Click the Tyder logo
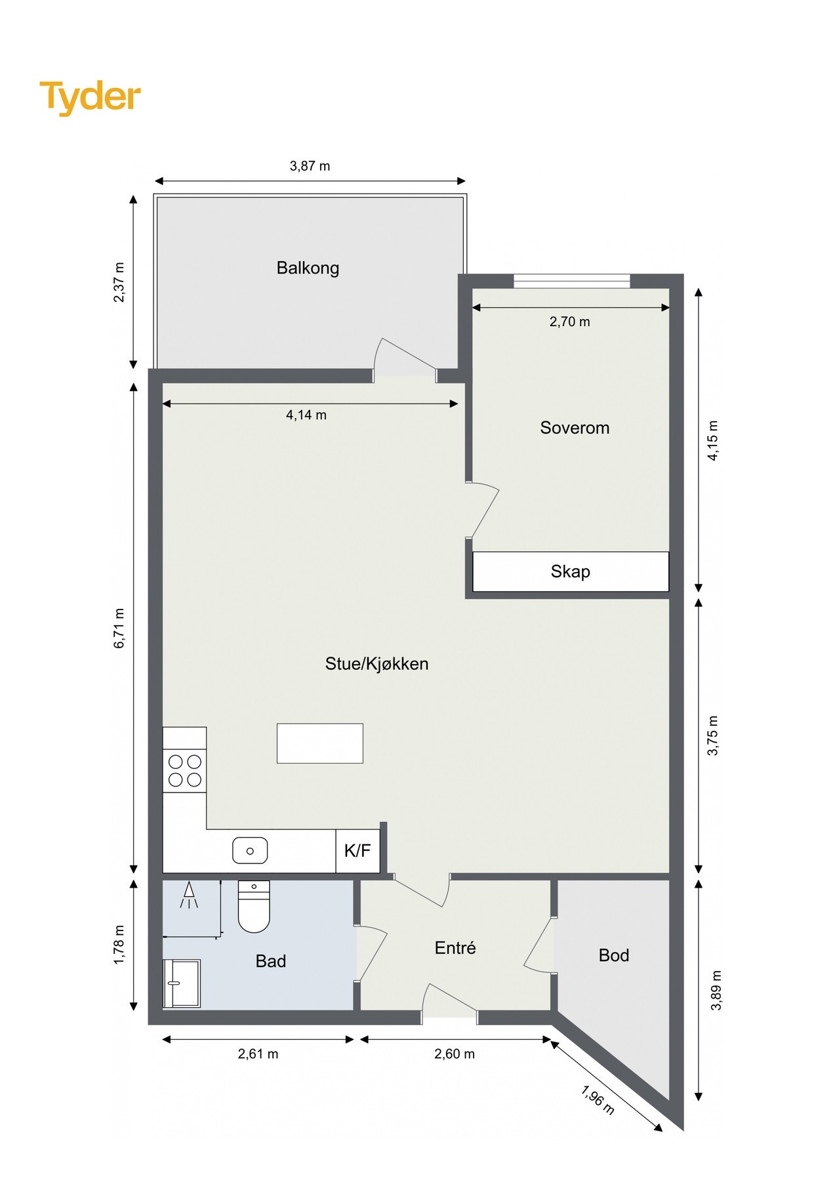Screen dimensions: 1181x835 (x=90, y=97)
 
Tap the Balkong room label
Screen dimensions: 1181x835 (x=308, y=268)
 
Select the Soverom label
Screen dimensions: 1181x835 (x=575, y=428)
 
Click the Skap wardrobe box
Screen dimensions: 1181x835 (x=570, y=571)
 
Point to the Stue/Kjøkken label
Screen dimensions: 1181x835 (x=377, y=663)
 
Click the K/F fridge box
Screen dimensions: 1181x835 (x=357, y=851)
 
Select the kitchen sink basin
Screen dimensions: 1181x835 (x=250, y=851)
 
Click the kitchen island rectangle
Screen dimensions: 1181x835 (x=320, y=743)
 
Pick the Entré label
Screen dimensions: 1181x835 (x=455, y=947)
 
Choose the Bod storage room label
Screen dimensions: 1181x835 (x=614, y=955)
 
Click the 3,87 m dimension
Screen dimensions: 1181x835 (x=310, y=166)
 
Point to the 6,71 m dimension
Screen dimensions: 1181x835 (x=119, y=628)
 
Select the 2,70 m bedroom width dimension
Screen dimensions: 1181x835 (x=569, y=321)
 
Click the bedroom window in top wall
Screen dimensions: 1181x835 (x=571, y=281)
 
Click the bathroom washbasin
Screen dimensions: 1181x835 (x=181, y=983)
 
